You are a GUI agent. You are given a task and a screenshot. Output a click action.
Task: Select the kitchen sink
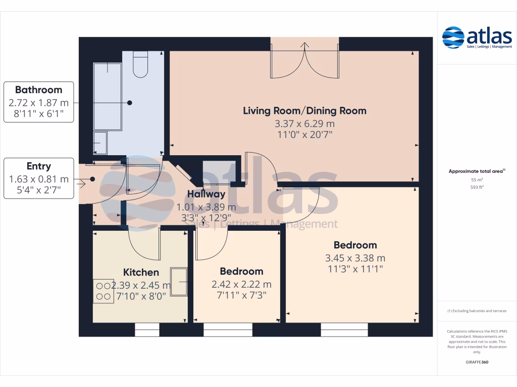179,281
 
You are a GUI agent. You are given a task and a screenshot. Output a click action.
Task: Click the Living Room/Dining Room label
304,110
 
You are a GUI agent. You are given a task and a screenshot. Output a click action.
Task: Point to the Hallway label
206,194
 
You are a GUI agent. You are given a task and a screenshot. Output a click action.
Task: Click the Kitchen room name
141,272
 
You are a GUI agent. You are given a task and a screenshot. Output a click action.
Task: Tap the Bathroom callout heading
38,90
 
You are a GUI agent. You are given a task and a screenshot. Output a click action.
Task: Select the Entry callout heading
38,166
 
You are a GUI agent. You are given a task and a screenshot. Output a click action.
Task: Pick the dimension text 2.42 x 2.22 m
241,284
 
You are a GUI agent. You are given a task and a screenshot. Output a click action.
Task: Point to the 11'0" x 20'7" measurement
304,135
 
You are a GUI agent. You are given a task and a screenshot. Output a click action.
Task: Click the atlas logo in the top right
477,37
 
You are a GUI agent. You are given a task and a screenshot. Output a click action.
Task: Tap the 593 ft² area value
477,186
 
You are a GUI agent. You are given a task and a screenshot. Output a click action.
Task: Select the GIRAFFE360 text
477,362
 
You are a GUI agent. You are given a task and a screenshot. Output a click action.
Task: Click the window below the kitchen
147,330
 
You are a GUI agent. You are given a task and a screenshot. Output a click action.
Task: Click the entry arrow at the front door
81,184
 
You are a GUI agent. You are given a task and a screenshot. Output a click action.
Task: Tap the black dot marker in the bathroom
130,103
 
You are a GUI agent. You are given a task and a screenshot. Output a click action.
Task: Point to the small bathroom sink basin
99,144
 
